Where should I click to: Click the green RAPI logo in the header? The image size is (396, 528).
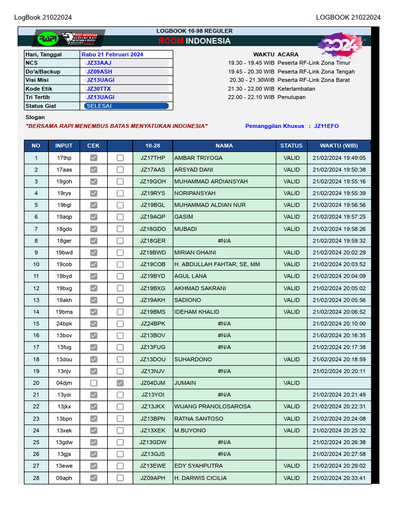[x=47, y=39]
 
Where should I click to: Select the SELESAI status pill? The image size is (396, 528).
[x=126, y=106]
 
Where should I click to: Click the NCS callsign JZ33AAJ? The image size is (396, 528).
[x=99, y=63]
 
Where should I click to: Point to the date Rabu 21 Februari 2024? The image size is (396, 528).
[x=112, y=54]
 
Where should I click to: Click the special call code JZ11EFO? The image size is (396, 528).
[x=326, y=126]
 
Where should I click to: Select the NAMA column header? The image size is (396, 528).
[x=224, y=146]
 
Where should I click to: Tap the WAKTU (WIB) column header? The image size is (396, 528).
[x=339, y=146]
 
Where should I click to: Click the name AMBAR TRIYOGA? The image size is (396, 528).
[x=199, y=158]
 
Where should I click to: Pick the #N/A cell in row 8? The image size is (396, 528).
[x=224, y=241]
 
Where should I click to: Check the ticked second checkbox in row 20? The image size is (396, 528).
[x=120, y=383]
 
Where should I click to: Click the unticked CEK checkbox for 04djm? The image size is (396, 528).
[x=93, y=383]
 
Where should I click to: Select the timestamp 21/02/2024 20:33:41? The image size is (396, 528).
[x=339, y=478]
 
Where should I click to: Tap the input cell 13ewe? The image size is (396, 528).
[x=64, y=466]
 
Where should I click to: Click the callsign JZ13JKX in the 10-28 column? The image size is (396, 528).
[x=153, y=407]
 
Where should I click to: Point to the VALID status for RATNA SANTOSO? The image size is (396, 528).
[x=291, y=419]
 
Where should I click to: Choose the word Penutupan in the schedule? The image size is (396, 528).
[x=292, y=97]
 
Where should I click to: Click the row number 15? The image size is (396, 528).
[x=36, y=324]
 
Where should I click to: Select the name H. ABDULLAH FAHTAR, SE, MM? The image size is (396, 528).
[x=217, y=265]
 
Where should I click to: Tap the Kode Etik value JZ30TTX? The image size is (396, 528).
[x=98, y=89]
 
